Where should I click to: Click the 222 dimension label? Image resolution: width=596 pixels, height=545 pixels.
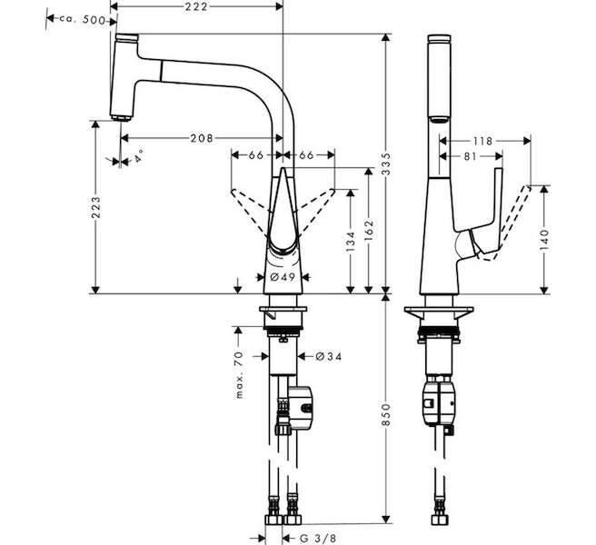(x=196, y=6)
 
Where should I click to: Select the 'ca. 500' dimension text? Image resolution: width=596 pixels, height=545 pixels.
(x=82, y=20)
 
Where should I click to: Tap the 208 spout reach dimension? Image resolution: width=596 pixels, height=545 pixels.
(x=202, y=138)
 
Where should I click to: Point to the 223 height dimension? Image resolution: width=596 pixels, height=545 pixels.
(x=96, y=207)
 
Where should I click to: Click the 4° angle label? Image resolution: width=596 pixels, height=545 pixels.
(x=138, y=156)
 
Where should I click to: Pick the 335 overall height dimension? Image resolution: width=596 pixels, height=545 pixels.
(x=386, y=163)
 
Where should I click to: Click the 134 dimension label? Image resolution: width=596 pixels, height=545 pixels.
(x=351, y=243)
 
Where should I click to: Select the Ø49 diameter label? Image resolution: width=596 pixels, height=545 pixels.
(x=283, y=277)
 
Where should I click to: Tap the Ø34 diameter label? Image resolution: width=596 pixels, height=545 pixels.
(x=329, y=356)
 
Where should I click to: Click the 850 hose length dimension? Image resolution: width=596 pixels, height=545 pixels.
(x=386, y=415)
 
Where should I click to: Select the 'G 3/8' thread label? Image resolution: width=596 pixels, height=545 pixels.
(x=319, y=539)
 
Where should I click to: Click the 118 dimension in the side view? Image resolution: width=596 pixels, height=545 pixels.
(x=482, y=142)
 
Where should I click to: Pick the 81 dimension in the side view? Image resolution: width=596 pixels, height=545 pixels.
(x=471, y=156)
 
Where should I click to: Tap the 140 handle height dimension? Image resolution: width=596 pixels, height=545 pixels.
(x=544, y=240)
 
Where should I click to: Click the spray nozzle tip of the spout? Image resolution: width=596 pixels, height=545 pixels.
(x=121, y=118)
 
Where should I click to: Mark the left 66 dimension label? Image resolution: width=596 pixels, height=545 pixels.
(x=256, y=155)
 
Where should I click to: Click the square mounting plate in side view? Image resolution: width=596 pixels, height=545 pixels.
(x=439, y=312)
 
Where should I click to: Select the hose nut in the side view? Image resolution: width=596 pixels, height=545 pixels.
(x=440, y=520)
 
